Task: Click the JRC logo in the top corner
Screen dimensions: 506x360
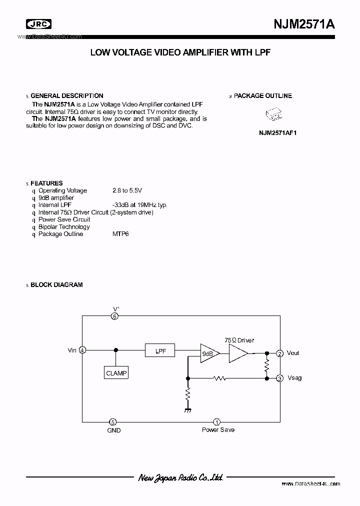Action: pos(38,23)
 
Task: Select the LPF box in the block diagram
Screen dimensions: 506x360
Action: pos(160,351)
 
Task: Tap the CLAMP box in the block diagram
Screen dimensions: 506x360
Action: pos(116,373)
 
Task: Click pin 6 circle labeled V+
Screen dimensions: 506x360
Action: pos(115,316)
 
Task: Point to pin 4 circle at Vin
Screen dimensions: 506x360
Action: pos(82,350)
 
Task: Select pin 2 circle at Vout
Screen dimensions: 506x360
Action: pos(280,353)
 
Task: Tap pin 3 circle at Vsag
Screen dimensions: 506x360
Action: pos(280,378)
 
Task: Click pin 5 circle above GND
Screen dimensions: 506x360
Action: pos(113,422)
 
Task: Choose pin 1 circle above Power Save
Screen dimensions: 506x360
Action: pos(217,422)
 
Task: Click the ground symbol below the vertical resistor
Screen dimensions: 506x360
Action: pos(188,410)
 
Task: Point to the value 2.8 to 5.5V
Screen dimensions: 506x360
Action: pos(127,190)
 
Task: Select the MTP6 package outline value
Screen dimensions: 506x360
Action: pos(120,234)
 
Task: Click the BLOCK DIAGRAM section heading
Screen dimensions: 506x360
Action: pos(56,285)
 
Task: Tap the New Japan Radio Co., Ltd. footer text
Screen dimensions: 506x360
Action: pos(180,478)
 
